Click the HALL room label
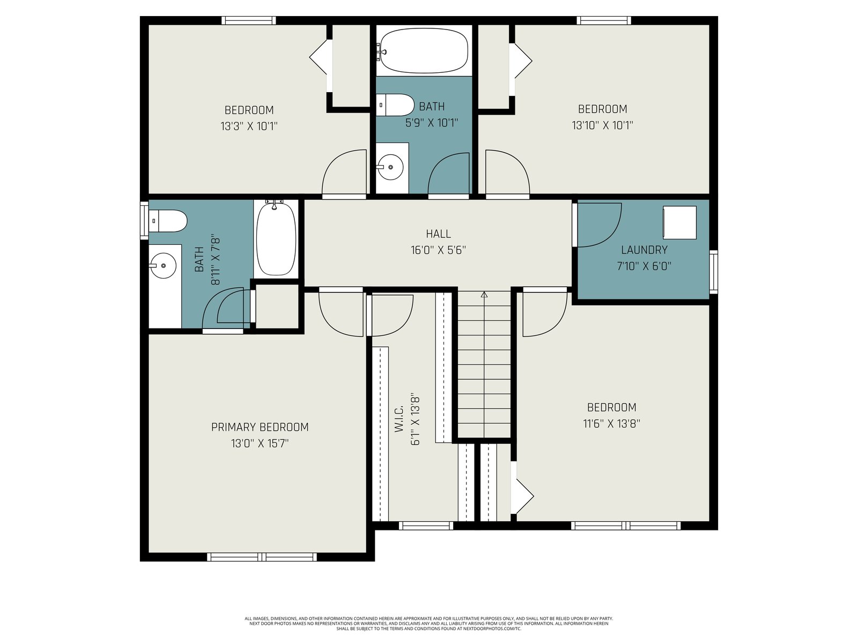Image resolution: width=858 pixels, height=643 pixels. pyautogui.click(x=438, y=234)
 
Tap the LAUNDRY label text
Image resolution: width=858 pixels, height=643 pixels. pyautogui.click(x=644, y=250)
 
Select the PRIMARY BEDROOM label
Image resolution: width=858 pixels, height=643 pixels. pyautogui.click(x=260, y=427)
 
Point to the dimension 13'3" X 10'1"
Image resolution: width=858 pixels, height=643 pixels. pyautogui.click(x=249, y=126)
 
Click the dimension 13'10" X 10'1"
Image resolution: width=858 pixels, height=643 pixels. pyautogui.click(x=602, y=125)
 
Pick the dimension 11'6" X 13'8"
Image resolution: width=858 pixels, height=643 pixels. pyautogui.click(x=611, y=424)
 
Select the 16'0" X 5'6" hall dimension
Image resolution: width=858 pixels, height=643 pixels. pyautogui.click(x=438, y=250)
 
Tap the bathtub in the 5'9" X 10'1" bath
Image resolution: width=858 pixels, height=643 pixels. pyautogui.click(x=424, y=51)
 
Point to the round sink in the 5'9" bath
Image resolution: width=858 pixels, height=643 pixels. pyautogui.click(x=391, y=167)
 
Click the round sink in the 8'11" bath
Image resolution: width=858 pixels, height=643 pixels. pyautogui.click(x=164, y=265)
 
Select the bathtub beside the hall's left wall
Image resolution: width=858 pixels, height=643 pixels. pyautogui.click(x=276, y=239)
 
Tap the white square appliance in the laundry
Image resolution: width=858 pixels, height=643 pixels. pyautogui.click(x=680, y=222)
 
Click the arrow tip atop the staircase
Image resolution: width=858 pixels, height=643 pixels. pyautogui.click(x=484, y=292)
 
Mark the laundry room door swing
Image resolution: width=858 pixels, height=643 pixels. pyautogui.click(x=599, y=225)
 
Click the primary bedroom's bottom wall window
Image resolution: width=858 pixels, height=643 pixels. pyautogui.click(x=262, y=557)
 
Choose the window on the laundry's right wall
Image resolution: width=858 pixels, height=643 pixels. pyautogui.click(x=713, y=272)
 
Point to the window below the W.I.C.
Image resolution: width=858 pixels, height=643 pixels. pyautogui.click(x=426, y=526)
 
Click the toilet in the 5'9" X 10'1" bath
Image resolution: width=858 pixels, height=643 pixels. pyautogui.click(x=396, y=104)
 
